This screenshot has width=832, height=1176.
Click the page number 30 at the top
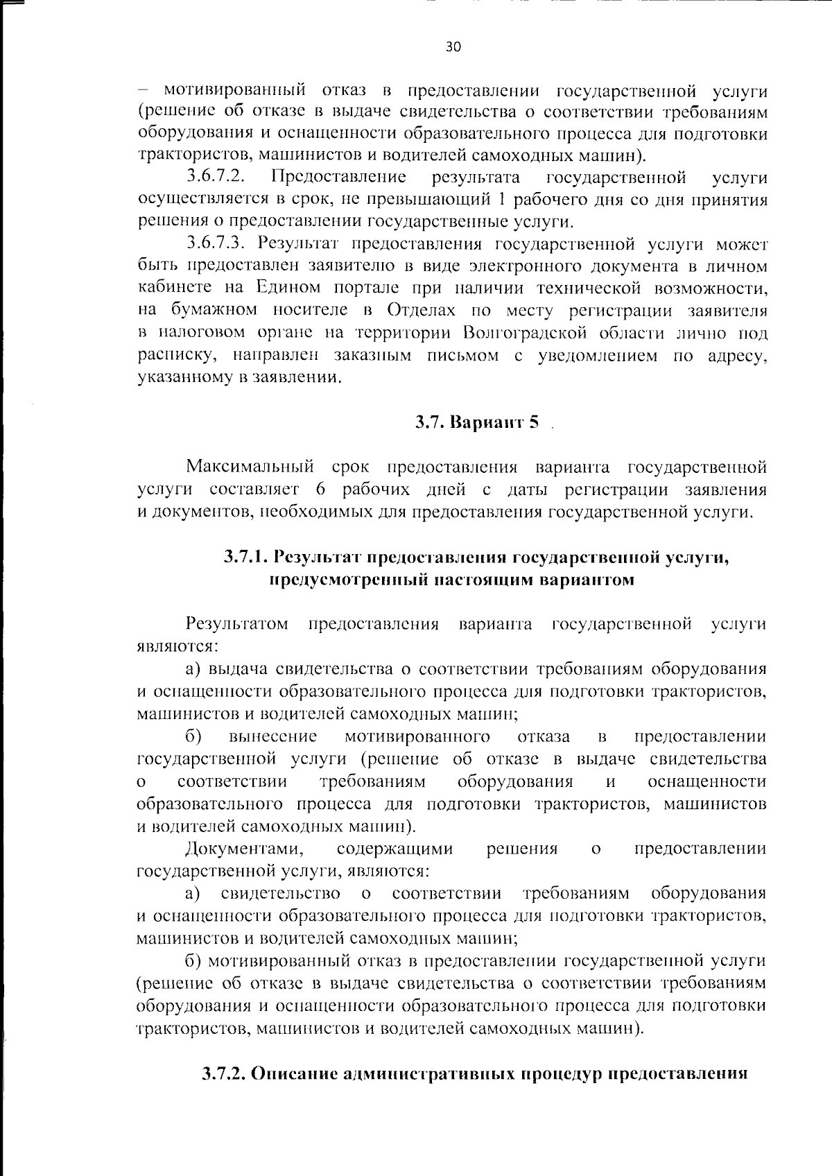point(453,47)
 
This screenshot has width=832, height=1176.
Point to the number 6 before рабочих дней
point(320,490)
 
